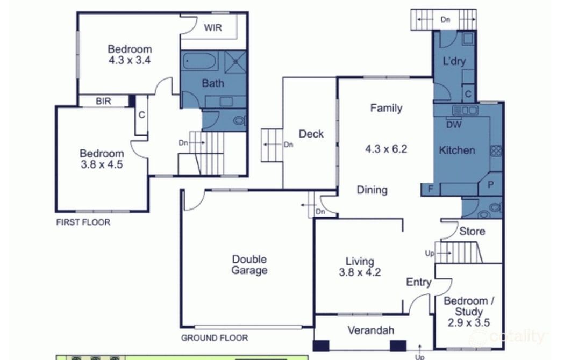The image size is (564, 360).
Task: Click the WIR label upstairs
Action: (212, 28)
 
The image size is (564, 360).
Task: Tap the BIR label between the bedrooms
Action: (103, 101)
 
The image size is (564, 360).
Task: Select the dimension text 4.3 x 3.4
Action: (129, 60)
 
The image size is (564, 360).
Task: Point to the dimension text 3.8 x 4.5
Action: (102, 164)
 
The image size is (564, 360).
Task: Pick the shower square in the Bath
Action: (234, 62)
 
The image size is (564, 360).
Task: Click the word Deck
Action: (311, 134)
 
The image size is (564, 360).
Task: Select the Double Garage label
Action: (249, 265)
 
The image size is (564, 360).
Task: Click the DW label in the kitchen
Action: (453, 124)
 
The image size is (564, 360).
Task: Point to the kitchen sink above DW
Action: (465, 110)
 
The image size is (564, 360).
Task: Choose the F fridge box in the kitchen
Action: (430, 189)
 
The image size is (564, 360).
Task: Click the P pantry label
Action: (490, 184)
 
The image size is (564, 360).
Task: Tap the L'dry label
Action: (454, 61)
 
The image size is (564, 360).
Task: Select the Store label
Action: (472, 232)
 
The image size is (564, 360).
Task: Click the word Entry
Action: (418, 282)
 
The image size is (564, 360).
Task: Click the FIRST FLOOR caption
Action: (83, 222)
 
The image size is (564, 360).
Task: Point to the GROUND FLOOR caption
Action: (215, 338)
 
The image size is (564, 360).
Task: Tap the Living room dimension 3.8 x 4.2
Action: (360, 272)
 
